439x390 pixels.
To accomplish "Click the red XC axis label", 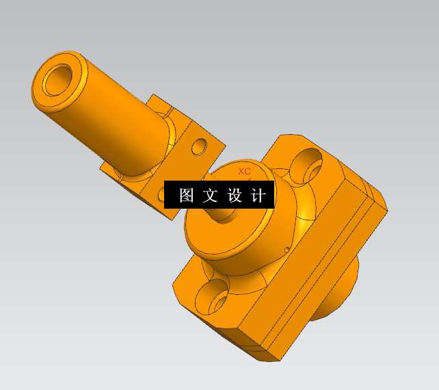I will (x=244, y=171).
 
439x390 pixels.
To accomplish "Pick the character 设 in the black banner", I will (x=235, y=196).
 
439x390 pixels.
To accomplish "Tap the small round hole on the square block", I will (x=200, y=146).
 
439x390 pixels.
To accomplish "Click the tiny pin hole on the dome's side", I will (x=285, y=249).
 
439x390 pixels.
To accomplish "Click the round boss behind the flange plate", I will (x=338, y=294).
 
